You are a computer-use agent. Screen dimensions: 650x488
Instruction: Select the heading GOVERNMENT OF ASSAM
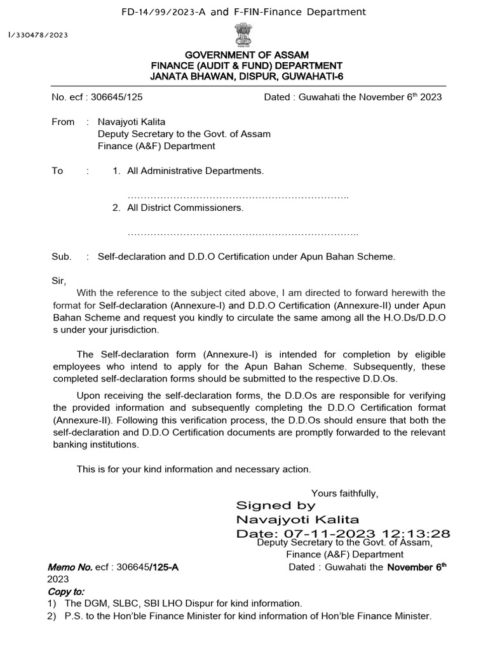pyautogui.click(x=246, y=56)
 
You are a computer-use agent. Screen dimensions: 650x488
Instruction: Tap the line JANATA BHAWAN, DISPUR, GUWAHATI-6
pyautogui.click(x=246, y=76)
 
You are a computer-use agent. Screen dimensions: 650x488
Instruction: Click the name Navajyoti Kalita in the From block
pyautogui.click(x=131, y=122)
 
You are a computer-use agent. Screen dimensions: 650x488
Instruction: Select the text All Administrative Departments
pyautogui.click(x=195, y=171)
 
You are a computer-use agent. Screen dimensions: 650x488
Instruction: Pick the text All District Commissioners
pyautogui.click(x=185, y=208)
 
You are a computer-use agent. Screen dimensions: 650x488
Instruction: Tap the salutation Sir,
pyautogui.click(x=58, y=280)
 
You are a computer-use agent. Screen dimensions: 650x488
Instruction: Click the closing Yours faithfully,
pyautogui.click(x=344, y=493)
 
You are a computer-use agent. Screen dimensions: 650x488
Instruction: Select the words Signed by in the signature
pyautogui.click(x=275, y=506)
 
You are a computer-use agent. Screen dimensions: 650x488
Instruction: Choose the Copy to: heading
pyautogui.click(x=66, y=591)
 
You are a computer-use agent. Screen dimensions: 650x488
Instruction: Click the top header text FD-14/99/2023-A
pyautogui.click(x=164, y=11)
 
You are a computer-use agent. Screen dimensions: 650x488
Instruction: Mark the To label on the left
pyautogui.click(x=58, y=171)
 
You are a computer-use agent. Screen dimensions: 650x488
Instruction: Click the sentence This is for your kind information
pyautogui.click(x=194, y=469)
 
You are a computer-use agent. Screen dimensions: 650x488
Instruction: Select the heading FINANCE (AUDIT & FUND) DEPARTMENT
pyautogui.click(x=246, y=66)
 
